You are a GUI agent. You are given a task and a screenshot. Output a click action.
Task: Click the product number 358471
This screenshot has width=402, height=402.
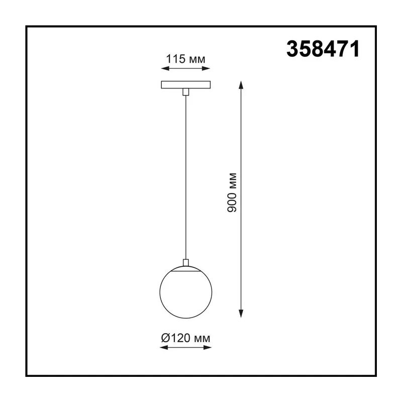pyautogui.click(x=323, y=49)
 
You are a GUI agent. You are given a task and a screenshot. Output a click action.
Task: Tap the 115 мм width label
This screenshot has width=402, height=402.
pyautogui.click(x=185, y=59)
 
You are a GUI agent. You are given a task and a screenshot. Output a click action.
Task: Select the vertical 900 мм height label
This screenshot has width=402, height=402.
pyautogui.click(x=232, y=192)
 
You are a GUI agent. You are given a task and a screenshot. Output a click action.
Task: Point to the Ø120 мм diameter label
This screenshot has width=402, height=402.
pyautogui.click(x=185, y=338)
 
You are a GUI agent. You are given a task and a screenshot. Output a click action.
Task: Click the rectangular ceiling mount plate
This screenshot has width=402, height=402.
pyautogui.click(x=185, y=84)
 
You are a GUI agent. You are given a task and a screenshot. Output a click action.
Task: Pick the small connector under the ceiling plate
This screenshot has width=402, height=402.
pyautogui.click(x=185, y=92)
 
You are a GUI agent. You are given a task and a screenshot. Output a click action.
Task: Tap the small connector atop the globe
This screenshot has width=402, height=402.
pyautogui.click(x=185, y=262)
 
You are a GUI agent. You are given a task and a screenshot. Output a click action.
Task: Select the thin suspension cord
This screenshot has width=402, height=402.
pyautogui.click(x=185, y=177)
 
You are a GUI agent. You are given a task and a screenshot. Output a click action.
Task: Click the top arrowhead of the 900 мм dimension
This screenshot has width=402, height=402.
pyautogui.click(x=241, y=84)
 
